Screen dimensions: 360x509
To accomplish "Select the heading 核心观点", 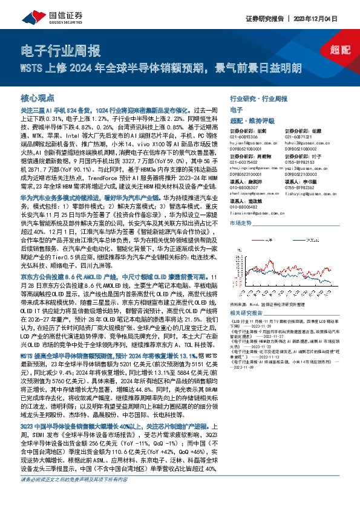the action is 38,97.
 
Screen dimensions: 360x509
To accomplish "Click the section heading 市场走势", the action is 240,223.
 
